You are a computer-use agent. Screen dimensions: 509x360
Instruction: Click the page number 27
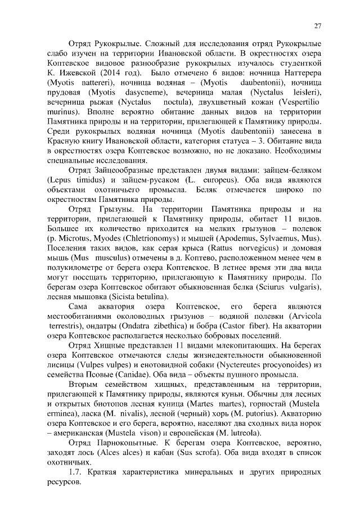pos(317,25)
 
